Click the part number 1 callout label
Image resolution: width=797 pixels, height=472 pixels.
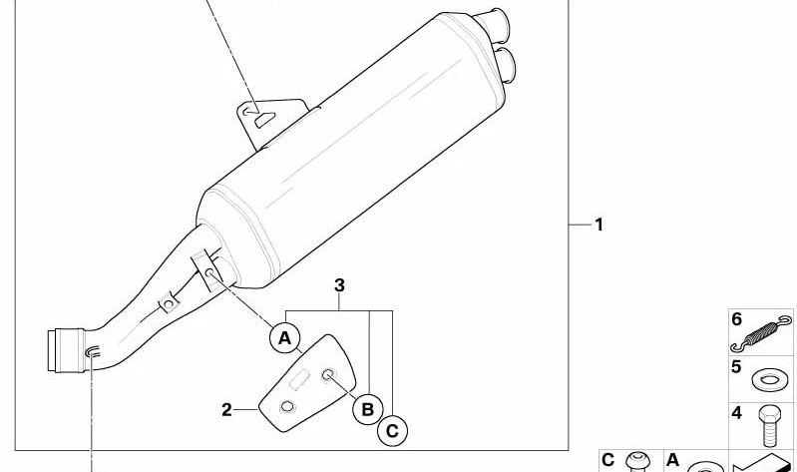tap(598, 225)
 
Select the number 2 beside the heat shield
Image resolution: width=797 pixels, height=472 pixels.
tap(226, 409)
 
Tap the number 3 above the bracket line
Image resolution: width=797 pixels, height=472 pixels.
tap(339, 285)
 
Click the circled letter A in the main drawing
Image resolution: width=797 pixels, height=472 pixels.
tap(285, 337)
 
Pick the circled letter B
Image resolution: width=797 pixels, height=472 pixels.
tap(367, 409)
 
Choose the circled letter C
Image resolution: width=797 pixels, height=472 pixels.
tap(392, 431)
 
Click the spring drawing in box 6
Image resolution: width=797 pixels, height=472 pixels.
tap(761, 333)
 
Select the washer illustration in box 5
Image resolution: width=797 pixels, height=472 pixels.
tap(771, 379)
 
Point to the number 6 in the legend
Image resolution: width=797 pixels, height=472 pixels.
tap(737, 319)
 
